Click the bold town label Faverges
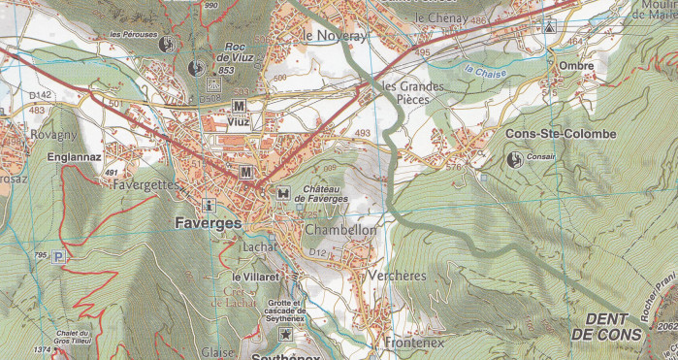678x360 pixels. point(208,222)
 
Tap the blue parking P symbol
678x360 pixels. point(60,257)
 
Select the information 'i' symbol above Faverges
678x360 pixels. point(209,205)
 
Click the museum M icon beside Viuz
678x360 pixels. point(239,105)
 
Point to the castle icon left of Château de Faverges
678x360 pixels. point(282,192)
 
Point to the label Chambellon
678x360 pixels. point(339,231)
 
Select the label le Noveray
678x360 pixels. point(336,35)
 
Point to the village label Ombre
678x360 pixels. point(576,66)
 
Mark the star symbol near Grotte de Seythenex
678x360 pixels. point(285,334)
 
